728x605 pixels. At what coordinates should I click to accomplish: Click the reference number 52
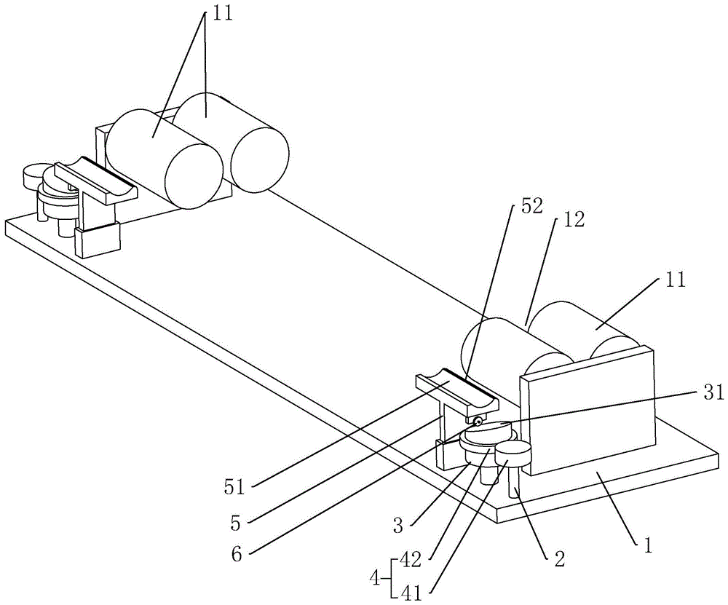click(531, 207)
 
